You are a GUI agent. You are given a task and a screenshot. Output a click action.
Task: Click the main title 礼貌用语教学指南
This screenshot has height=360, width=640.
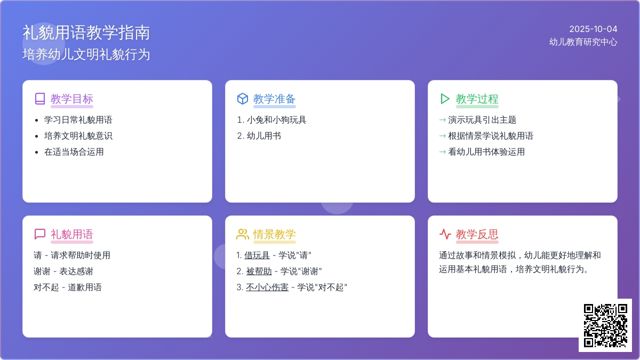pyautogui.click(x=86, y=33)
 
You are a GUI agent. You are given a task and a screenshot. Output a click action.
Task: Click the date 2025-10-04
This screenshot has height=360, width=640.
pyautogui.click(x=593, y=29)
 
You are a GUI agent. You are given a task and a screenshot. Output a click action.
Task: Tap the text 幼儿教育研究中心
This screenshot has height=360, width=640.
pyautogui.click(x=583, y=42)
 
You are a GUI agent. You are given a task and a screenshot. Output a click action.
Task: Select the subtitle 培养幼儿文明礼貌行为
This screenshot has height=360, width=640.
pyautogui.click(x=86, y=54)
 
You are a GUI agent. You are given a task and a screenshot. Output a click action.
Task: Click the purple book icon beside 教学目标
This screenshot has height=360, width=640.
pyautogui.click(x=40, y=99)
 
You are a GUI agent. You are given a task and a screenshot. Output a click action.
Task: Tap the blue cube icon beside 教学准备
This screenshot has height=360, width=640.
pyautogui.click(x=243, y=99)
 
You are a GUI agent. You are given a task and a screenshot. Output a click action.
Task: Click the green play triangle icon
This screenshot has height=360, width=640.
pyautogui.click(x=445, y=99)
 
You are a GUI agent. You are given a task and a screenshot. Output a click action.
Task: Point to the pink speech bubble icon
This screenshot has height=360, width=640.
pyautogui.click(x=40, y=234)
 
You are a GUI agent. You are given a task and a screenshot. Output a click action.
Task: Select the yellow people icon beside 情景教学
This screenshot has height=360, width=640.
pyautogui.click(x=243, y=234)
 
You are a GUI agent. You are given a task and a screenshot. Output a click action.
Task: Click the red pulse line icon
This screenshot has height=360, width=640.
pyautogui.click(x=445, y=234)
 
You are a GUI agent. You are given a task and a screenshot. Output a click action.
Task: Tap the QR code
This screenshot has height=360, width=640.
pyautogui.click(x=605, y=325)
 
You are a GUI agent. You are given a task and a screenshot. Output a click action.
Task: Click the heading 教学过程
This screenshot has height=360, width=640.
pyautogui.click(x=477, y=99)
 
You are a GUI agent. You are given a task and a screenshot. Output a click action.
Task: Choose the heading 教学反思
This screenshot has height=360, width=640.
pyautogui.click(x=477, y=234)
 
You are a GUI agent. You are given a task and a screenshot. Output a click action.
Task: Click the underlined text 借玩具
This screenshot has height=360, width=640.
pyautogui.click(x=257, y=255)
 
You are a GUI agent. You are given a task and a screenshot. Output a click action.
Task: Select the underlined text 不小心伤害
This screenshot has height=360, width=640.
pyautogui.click(x=267, y=287)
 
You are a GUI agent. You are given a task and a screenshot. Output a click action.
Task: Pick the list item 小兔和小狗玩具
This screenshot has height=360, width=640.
pyautogui.click(x=277, y=119)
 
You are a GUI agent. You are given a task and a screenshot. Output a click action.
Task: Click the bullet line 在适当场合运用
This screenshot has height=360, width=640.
pyautogui.click(x=74, y=151)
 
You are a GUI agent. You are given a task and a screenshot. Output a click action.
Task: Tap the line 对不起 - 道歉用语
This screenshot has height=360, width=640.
pyautogui.click(x=68, y=287)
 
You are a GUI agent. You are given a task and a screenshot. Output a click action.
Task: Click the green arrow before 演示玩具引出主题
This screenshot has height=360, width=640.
pyautogui.click(x=442, y=120)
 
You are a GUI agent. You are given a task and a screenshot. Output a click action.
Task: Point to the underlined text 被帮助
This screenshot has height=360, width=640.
pyautogui.click(x=259, y=271)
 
